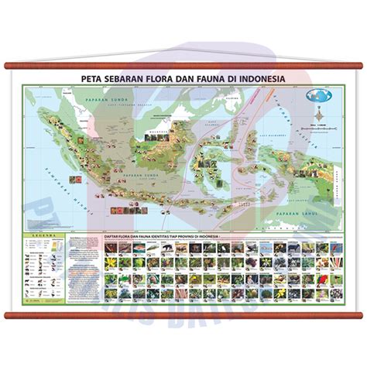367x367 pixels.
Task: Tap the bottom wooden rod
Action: click(183, 314)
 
